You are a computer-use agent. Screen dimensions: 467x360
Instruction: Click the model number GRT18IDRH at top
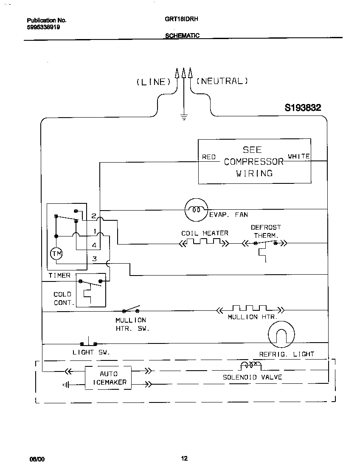(182, 20)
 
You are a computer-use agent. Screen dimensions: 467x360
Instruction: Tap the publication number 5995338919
(43, 27)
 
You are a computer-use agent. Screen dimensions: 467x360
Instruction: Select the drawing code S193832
(303, 108)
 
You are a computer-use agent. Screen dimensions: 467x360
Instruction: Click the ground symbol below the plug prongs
(184, 117)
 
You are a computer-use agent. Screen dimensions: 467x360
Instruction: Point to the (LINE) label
(153, 82)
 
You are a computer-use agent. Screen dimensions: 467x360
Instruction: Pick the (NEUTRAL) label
(222, 81)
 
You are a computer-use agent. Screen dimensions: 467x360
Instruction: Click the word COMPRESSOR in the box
(253, 162)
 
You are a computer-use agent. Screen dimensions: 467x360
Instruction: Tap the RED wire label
(208, 157)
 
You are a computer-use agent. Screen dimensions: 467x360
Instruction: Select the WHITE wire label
(299, 156)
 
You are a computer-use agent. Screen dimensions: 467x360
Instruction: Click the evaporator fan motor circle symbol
(196, 210)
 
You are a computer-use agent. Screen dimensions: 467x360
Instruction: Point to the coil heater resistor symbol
(204, 242)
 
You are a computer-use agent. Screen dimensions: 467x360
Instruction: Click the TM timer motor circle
(56, 254)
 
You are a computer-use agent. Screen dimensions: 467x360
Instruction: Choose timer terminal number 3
(95, 259)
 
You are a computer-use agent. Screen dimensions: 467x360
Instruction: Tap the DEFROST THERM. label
(266, 231)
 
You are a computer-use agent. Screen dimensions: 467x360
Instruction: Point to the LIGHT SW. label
(91, 352)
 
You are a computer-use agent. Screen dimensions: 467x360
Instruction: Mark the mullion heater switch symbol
(131, 309)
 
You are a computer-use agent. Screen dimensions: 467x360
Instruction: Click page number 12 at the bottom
(184, 458)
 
